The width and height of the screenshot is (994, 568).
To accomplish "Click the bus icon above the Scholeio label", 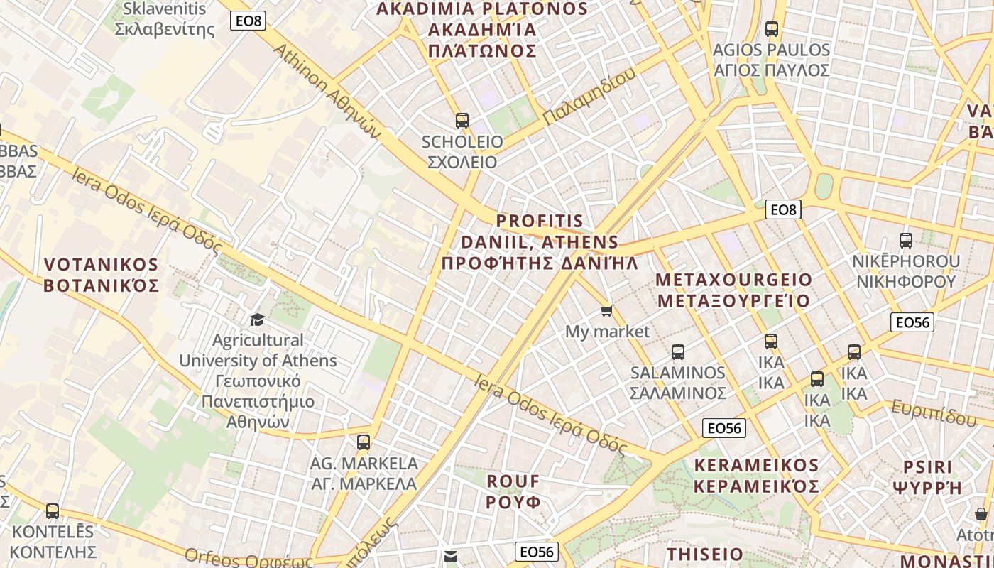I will pyautogui.click(x=462, y=121).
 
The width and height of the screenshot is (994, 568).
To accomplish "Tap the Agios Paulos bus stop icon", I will pyautogui.click(x=772, y=30).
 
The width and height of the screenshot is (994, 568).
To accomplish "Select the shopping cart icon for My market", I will pyautogui.click(x=606, y=311).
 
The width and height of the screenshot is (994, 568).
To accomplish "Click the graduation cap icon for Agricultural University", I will pyautogui.click(x=257, y=320).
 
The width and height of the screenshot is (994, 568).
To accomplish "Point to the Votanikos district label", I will pyautogui.click(x=101, y=275).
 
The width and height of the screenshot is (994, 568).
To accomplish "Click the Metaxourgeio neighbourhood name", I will pyautogui.click(x=733, y=290).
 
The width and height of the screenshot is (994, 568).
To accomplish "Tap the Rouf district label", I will pyautogui.click(x=513, y=491).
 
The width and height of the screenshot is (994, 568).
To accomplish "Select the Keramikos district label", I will pyautogui.click(x=756, y=476).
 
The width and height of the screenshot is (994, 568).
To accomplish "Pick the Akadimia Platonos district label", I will pyautogui.click(x=483, y=30).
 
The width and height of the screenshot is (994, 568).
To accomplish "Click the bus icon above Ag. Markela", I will pyautogui.click(x=364, y=442).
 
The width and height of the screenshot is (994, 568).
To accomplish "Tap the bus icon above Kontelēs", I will pyautogui.click(x=53, y=510).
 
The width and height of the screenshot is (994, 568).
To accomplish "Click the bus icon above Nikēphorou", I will pyautogui.click(x=905, y=241).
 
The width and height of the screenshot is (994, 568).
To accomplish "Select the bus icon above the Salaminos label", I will pyautogui.click(x=678, y=352).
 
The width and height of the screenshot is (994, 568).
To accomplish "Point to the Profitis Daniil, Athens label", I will pyautogui.click(x=540, y=242).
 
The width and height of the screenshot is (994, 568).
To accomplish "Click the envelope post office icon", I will pyautogui.click(x=450, y=557).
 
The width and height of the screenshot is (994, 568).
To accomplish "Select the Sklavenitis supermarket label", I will pyautogui.click(x=165, y=19).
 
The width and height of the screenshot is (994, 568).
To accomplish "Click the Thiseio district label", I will pyautogui.click(x=705, y=554).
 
